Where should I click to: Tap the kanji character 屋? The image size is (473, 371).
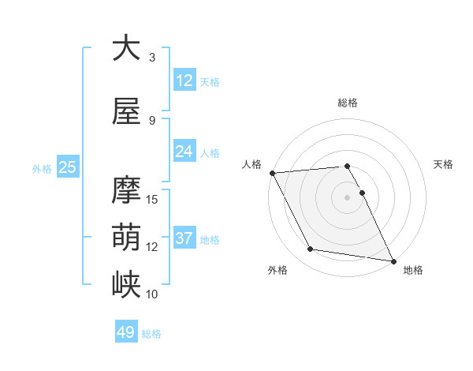(x=126, y=111)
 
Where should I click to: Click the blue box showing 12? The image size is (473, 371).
(x=184, y=81)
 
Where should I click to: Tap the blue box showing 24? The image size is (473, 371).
(x=184, y=152)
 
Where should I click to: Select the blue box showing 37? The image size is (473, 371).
(x=184, y=238)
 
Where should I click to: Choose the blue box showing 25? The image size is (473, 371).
(x=67, y=167)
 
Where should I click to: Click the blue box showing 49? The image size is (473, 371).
(x=126, y=333)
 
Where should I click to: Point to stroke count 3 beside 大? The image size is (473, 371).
(x=152, y=57)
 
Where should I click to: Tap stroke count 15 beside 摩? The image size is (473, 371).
(x=153, y=199)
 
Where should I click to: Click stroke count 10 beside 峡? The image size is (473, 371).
(x=153, y=294)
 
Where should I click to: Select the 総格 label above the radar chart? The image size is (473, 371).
(x=348, y=103)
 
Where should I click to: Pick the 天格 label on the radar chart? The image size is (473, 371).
(x=444, y=164)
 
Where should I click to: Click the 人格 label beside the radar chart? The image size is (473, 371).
(x=252, y=164)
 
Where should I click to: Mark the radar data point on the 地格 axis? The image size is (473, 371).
(x=393, y=260)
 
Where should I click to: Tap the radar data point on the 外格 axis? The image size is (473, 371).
(x=311, y=250)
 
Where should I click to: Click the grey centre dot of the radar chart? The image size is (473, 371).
(x=348, y=197)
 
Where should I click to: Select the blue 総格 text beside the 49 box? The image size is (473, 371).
(x=151, y=334)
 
